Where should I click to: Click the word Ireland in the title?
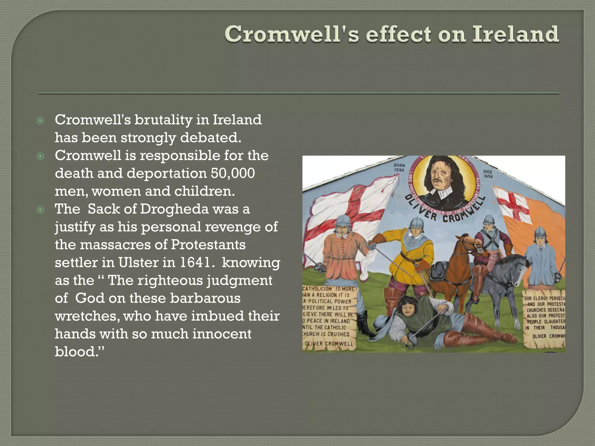[x=515, y=34]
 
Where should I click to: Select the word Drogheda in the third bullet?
[x=174, y=209]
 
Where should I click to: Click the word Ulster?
[x=137, y=262]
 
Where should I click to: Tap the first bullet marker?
[x=40, y=121]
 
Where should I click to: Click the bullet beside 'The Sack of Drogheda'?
[x=40, y=210]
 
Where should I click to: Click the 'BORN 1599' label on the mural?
[x=399, y=167]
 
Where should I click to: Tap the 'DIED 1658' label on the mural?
[x=488, y=174]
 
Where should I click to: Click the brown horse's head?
[x=468, y=247]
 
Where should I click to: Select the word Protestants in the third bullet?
[x=208, y=245]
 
